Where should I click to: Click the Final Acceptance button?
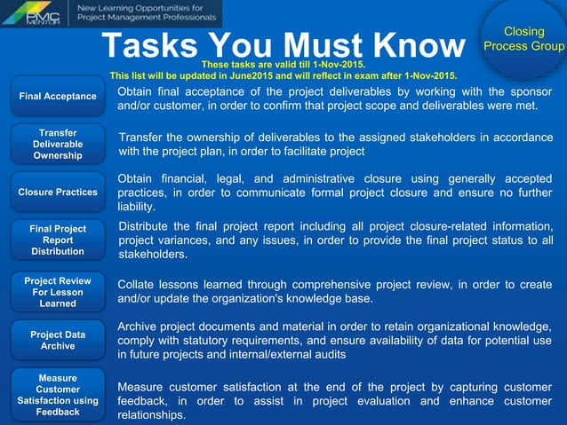click(x=58, y=96)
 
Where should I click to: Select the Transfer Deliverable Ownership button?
click(x=58, y=144)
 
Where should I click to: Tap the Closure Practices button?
click(x=58, y=192)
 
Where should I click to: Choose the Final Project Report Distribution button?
click(x=58, y=240)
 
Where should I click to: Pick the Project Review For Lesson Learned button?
click(x=58, y=292)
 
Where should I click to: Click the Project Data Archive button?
click(x=58, y=340)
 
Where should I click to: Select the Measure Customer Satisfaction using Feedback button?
click(x=58, y=395)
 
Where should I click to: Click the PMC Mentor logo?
click(x=34, y=13)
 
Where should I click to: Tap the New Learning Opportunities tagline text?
click(x=147, y=12)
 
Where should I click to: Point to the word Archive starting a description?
click(x=138, y=326)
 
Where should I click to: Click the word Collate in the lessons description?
click(x=138, y=284)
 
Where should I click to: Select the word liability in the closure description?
click(x=135, y=206)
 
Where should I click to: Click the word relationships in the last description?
click(x=152, y=414)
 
